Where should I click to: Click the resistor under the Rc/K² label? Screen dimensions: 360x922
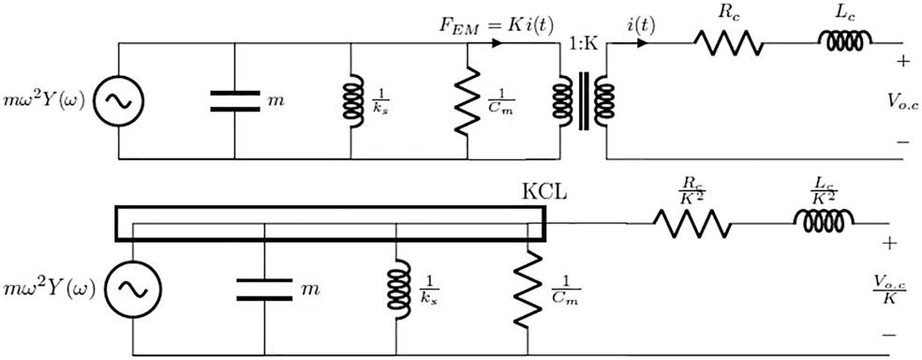tap(691, 223)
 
